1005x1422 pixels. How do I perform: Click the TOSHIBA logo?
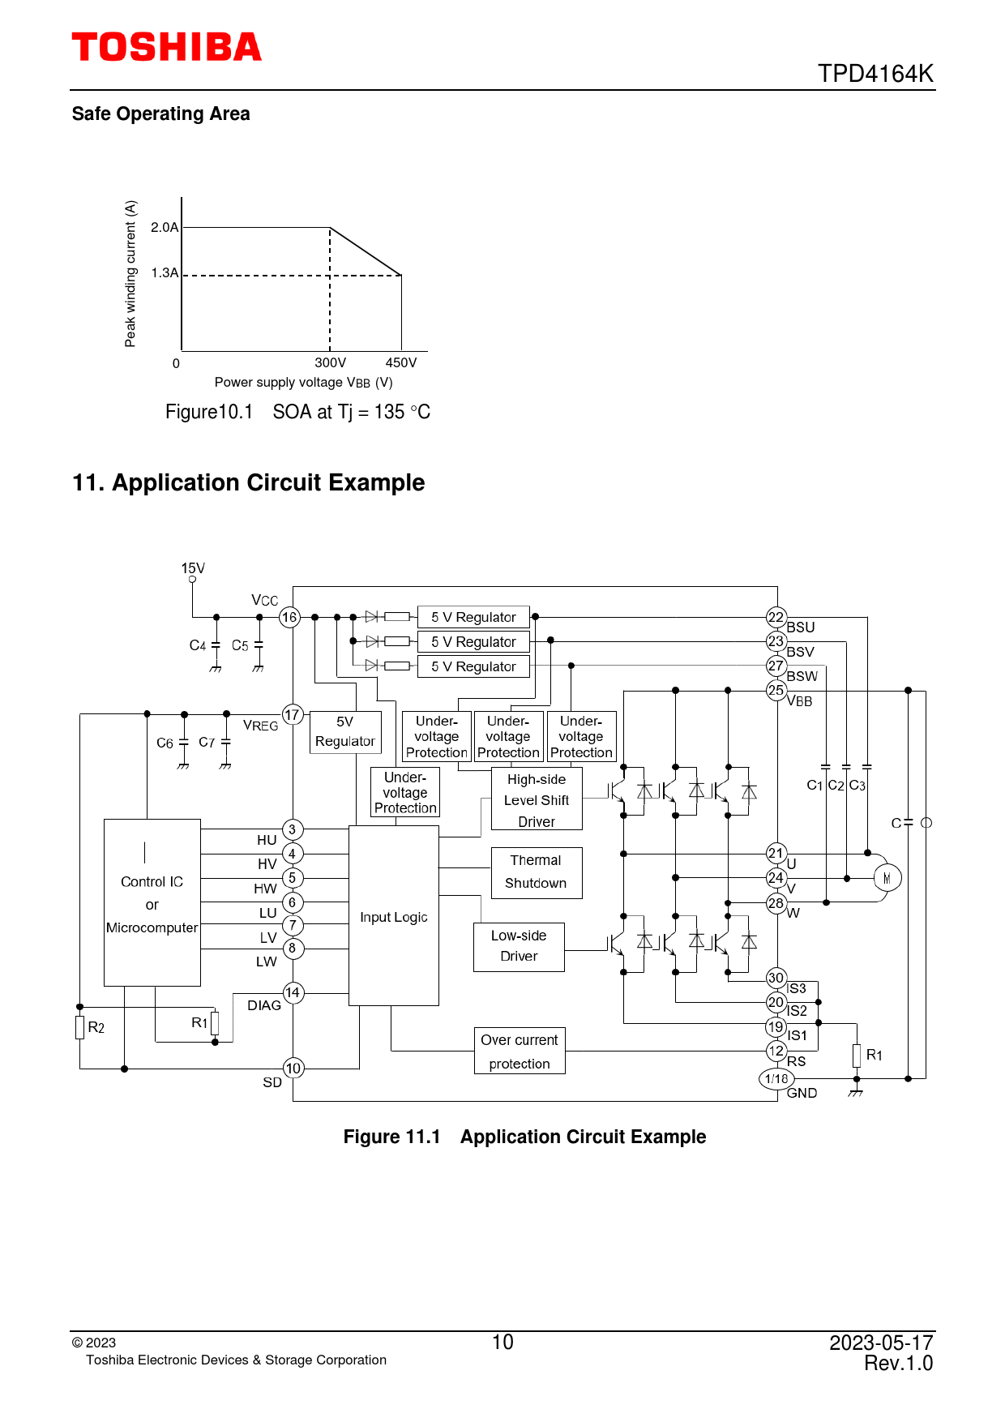click(x=167, y=47)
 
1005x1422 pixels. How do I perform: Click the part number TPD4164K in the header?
click(x=875, y=74)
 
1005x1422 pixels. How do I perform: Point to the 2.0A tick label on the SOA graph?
click(x=165, y=227)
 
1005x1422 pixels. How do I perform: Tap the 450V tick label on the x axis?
click(x=401, y=363)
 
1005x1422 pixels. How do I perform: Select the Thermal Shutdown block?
click(x=537, y=872)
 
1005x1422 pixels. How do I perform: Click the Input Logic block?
click(x=394, y=916)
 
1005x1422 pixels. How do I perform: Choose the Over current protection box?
click(x=520, y=1052)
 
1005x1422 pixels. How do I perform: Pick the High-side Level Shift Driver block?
click(x=537, y=800)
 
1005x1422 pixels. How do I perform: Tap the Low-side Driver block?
click(x=519, y=946)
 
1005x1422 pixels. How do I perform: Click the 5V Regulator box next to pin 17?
click(x=345, y=732)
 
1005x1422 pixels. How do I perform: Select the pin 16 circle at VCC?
click(x=289, y=618)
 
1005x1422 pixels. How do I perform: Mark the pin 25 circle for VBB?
click(x=776, y=691)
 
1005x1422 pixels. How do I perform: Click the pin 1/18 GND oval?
click(x=776, y=1079)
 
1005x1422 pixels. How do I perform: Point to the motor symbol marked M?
click(x=887, y=878)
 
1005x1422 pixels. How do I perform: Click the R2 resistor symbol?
click(x=80, y=1027)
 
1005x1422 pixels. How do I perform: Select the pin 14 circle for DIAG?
click(x=293, y=992)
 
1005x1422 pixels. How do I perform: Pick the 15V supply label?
click(x=193, y=568)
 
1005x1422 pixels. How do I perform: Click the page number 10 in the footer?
click(x=502, y=1343)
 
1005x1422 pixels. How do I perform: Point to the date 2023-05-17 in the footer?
click(x=881, y=1343)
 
